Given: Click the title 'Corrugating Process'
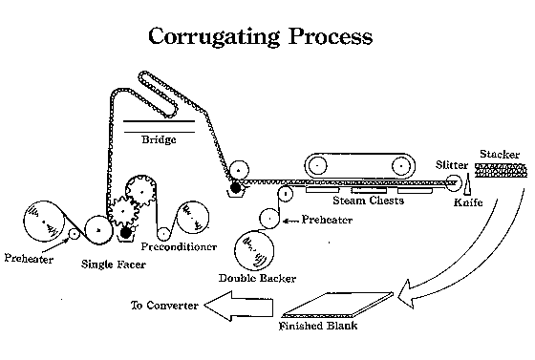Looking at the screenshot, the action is [260, 36].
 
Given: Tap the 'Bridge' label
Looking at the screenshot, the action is [159, 139].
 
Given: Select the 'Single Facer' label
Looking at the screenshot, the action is [114, 265].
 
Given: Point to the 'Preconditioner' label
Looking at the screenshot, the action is [180, 246].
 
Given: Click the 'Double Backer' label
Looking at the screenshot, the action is [257, 278].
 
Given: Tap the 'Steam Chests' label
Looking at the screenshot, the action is [369, 201].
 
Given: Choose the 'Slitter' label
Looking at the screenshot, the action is [452, 165].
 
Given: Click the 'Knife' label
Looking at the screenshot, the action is [468, 202].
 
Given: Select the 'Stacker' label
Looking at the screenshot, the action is [500, 154].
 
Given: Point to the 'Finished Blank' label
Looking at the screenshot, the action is [318, 326].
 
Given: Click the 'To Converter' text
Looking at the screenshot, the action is [164, 306].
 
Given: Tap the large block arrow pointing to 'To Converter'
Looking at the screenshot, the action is [239, 307].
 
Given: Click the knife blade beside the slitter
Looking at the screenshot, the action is [467, 183].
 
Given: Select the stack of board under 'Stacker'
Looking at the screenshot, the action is [501, 170].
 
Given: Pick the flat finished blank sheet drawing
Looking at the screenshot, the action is [338, 305].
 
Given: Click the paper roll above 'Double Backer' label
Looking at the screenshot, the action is [254, 250].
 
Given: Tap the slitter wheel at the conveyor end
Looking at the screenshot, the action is [454, 183].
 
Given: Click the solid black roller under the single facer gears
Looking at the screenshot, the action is [126, 232].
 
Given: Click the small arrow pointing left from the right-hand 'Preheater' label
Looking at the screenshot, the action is [290, 221].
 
